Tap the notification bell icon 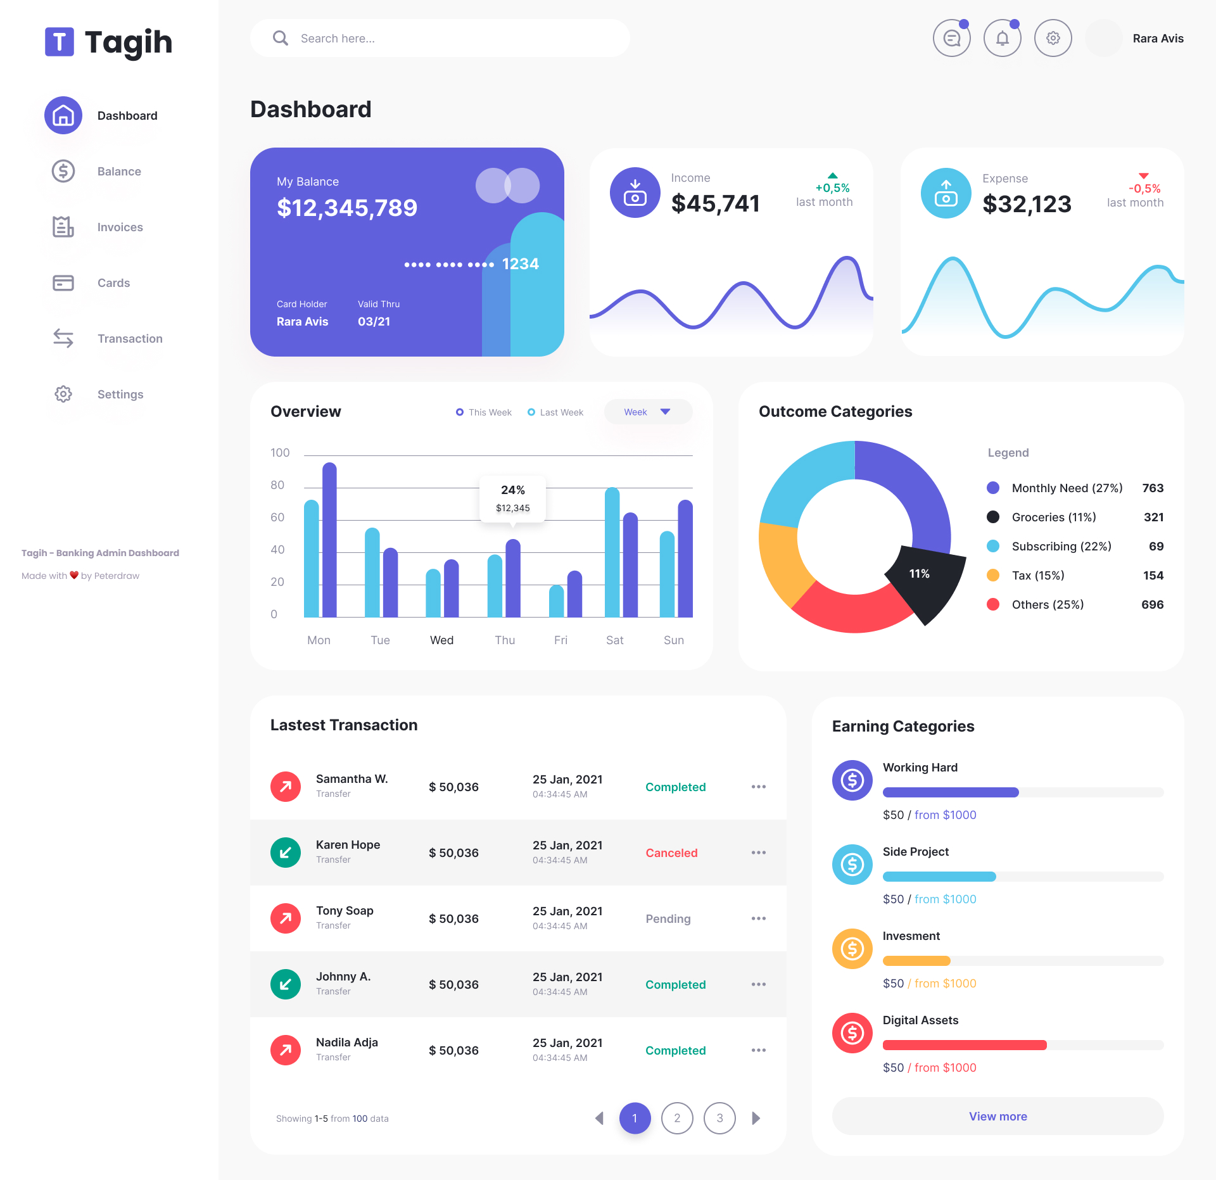pyautogui.click(x=1002, y=39)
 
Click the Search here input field pyautogui.click(x=440, y=39)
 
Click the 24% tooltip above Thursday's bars pyautogui.click(x=512, y=498)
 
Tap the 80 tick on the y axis pyautogui.click(x=277, y=485)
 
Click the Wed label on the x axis pyautogui.click(x=441, y=640)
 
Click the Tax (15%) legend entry pyautogui.click(x=1037, y=575)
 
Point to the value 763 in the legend pyautogui.click(x=1152, y=488)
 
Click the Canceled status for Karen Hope pyautogui.click(x=671, y=853)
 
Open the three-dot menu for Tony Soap pyautogui.click(x=758, y=918)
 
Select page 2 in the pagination pyautogui.click(x=677, y=1118)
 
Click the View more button pyautogui.click(x=997, y=1116)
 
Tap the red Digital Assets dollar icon pyautogui.click(x=852, y=1033)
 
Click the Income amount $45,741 pyautogui.click(x=715, y=203)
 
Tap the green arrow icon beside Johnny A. pyautogui.click(x=286, y=984)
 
